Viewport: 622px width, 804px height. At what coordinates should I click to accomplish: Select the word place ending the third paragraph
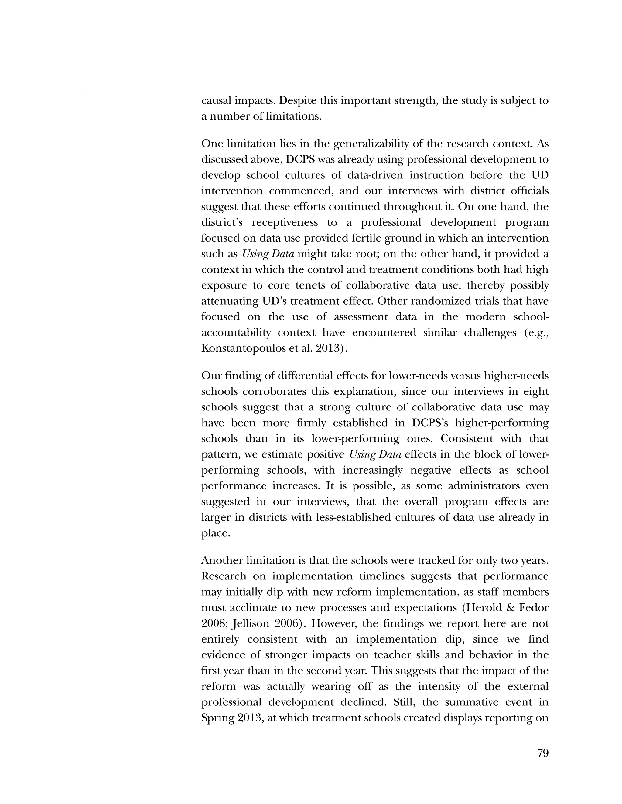click(215, 533)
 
